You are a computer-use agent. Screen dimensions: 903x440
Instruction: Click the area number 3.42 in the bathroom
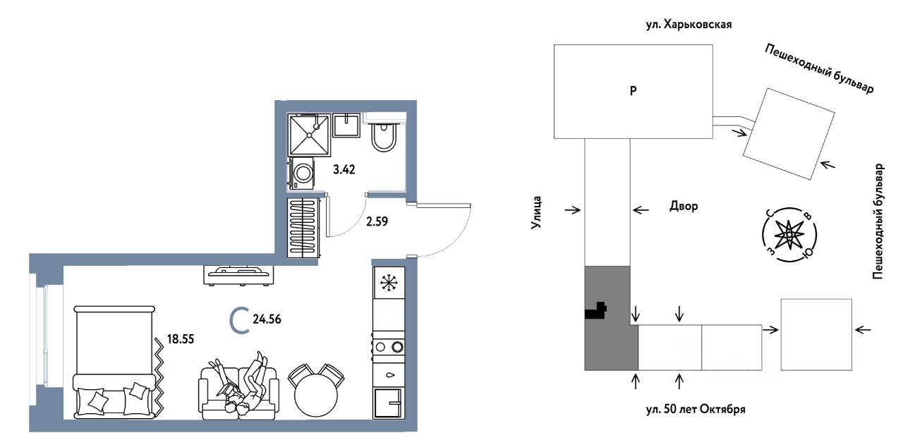tap(344, 170)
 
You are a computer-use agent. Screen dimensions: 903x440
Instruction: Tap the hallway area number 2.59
tap(377, 221)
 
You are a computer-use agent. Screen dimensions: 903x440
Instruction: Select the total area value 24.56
tap(267, 319)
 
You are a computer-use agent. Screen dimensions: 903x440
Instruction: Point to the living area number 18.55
tap(180, 339)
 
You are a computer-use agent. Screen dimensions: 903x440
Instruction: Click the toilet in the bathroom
tap(384, 137)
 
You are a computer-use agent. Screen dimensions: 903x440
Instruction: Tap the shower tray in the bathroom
tap(309, 135)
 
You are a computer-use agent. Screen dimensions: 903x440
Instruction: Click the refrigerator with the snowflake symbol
tap(389, 283)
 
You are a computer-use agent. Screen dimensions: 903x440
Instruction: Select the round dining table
tap(315, 394)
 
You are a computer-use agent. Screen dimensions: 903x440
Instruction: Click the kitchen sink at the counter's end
tap(389, 403)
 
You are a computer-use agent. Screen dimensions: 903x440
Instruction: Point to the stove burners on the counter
tap(389, 346)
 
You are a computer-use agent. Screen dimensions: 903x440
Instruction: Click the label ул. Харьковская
tap(689, 25)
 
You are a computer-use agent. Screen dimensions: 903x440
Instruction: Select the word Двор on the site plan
tap(684, 207)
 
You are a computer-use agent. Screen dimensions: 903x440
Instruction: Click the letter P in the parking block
tap(634, 91)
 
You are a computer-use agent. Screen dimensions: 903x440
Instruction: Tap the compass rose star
tap(789, 235)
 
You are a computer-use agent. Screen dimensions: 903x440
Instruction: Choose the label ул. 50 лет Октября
tap(696, 410)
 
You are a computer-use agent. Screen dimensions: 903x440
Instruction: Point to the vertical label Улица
tap(535, 212)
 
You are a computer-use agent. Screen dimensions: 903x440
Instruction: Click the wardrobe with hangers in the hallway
tap(303, 228)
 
